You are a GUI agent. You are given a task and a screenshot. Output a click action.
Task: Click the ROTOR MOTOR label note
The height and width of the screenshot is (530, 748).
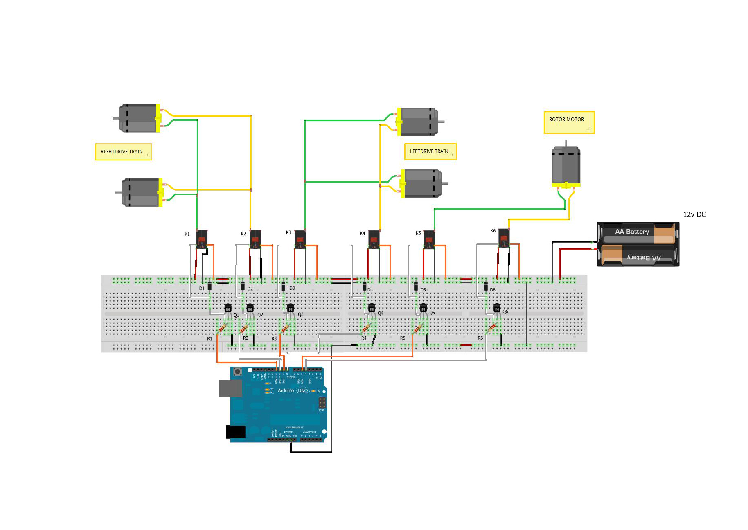point(569,122)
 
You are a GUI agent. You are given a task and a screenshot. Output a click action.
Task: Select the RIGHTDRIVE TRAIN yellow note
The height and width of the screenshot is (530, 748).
point(123,152)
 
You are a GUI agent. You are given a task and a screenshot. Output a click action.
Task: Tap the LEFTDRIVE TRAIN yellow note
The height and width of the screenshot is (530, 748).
point(430,151)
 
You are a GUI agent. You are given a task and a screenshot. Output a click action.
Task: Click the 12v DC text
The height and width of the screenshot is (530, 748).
point(694,214)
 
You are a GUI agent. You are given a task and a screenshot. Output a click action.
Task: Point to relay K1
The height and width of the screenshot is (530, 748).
point(202,239)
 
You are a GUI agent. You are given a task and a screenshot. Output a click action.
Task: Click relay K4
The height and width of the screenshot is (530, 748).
point(374,239)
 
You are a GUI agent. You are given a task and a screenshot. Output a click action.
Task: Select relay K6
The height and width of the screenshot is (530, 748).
point(504,237)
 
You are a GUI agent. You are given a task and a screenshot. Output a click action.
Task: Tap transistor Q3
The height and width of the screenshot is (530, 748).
point(291,308)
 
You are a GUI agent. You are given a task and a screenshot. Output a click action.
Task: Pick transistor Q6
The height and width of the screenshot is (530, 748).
point(497,308)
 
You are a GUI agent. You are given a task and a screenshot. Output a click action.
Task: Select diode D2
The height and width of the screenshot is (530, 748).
point(243,286)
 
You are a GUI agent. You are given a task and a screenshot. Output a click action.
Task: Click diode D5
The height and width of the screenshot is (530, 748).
point(416,286)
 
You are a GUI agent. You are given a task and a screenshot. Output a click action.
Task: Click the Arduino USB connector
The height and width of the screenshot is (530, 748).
point(230,388)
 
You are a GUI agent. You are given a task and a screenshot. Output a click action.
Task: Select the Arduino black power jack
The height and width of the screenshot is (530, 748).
point(236,432)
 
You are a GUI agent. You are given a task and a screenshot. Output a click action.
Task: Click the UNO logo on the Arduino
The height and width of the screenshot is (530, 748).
point(303,390)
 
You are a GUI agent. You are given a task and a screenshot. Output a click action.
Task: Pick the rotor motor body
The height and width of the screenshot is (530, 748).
point(566,166)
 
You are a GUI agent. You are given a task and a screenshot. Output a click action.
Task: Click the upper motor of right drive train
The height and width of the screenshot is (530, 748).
point(139,118)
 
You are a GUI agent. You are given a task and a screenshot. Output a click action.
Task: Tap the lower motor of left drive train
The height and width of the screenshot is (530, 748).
point(421,183)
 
